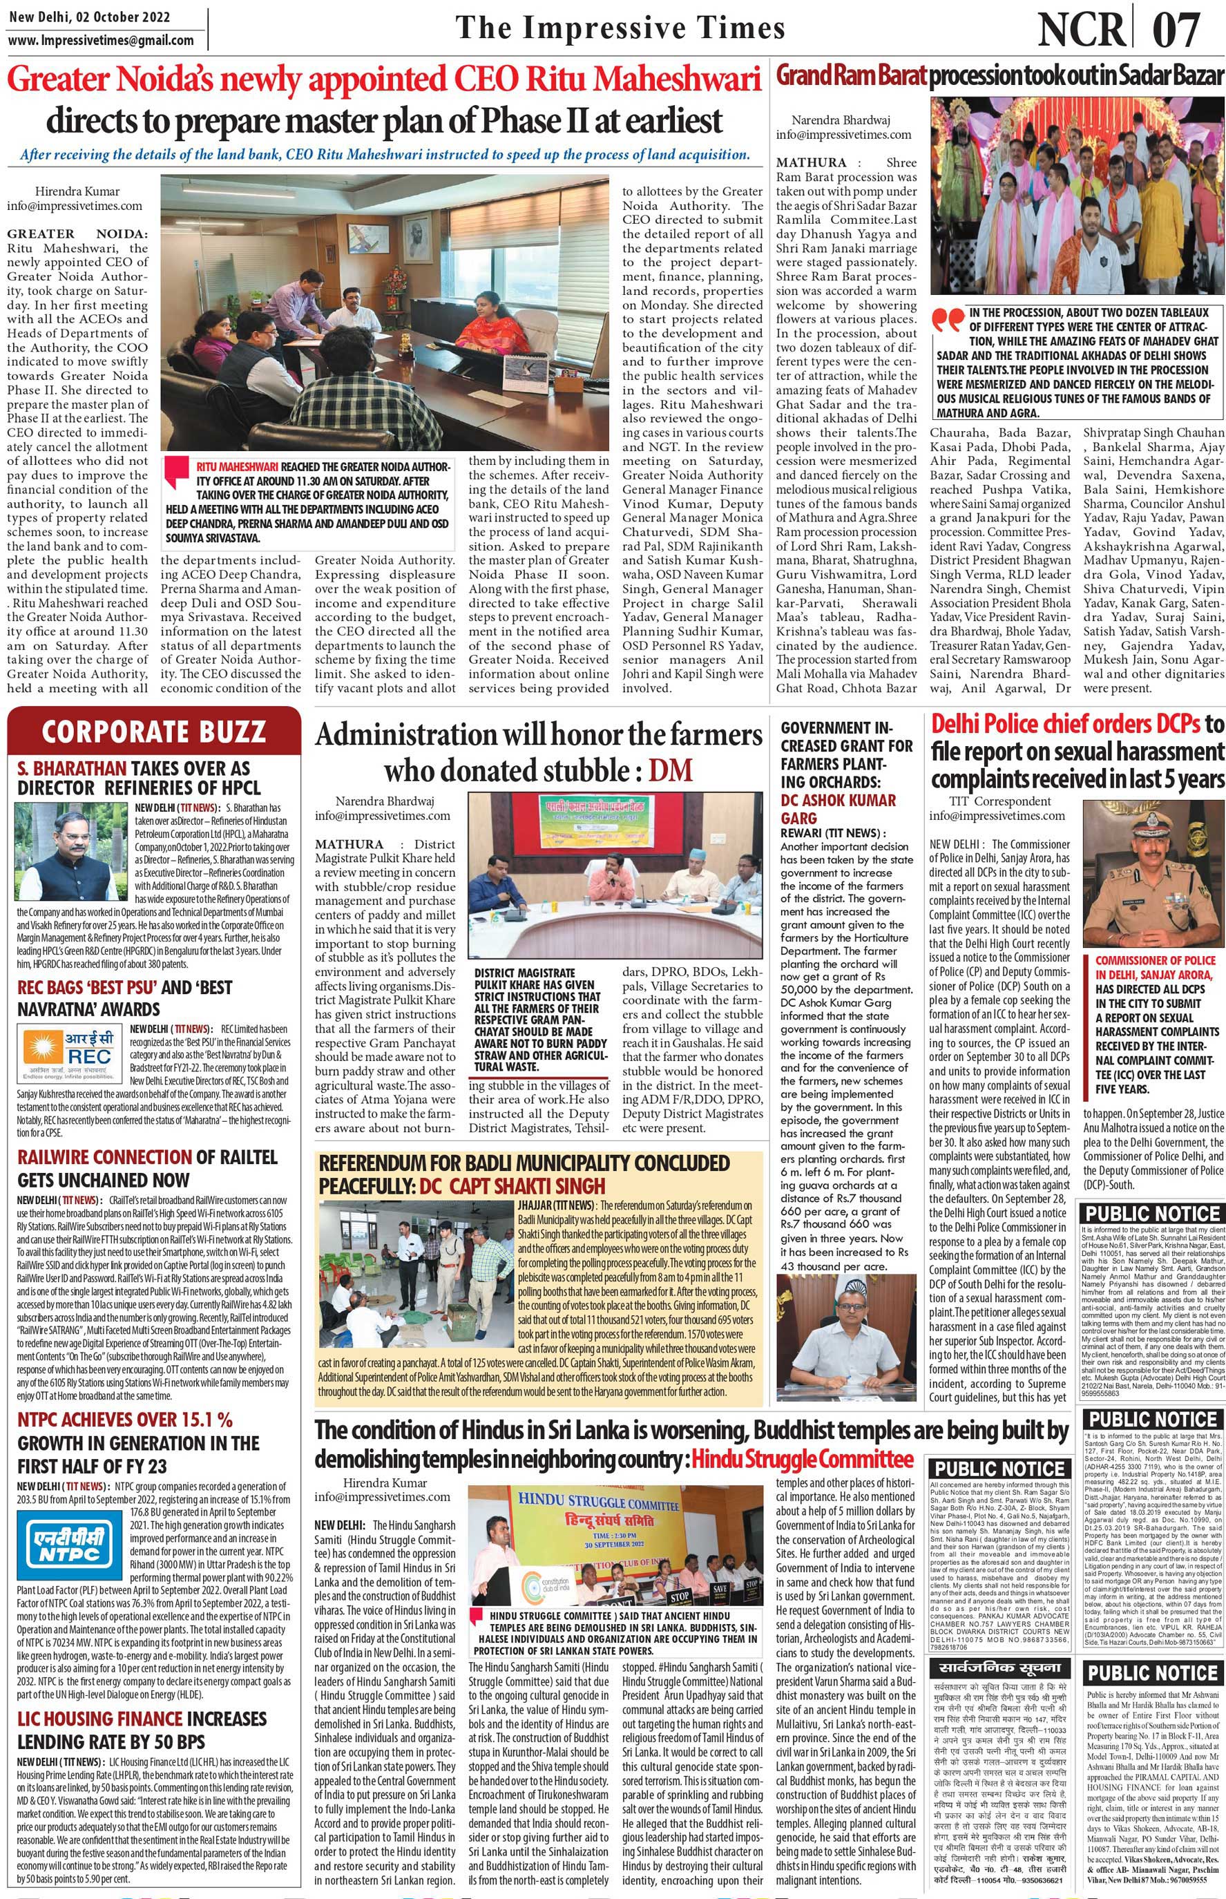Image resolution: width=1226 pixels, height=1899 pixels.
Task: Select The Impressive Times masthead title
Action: (620, 28)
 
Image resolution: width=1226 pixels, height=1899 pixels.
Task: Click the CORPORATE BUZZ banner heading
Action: (153, 730)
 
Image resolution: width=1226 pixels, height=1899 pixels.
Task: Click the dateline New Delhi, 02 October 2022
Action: (88, 17)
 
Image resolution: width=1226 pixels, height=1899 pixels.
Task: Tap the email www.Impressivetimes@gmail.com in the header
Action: (100, 40)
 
